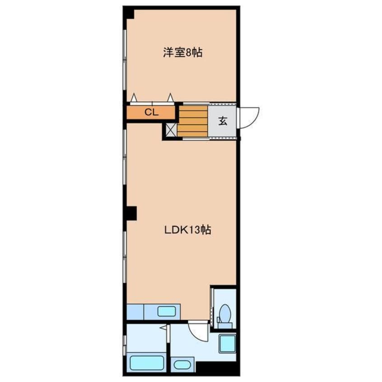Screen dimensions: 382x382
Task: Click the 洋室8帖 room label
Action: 182,53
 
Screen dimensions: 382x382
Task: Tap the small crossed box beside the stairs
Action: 171,130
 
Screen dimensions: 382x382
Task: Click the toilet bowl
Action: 224,312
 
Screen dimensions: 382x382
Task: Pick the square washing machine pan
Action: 227,345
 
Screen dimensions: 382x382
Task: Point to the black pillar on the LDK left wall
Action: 131,213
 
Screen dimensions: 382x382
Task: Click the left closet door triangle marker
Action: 134,98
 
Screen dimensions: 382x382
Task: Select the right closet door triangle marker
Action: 171,98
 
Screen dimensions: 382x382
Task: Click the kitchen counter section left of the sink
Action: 135,311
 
